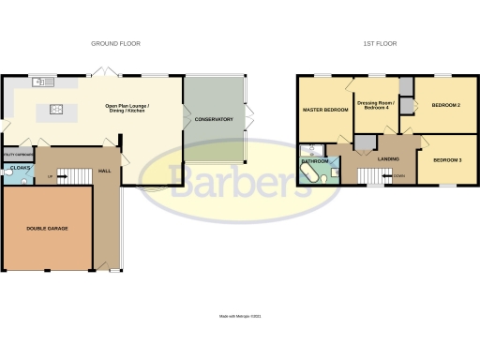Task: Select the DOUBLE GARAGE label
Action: [x=47, y=228]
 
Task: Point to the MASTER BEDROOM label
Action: [x=324, y=111]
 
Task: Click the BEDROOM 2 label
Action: [x=445, y=105]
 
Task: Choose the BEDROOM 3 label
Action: [x=446, y=160]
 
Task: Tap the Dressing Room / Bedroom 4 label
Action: [x=376, y=106]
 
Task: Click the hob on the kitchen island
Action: [x=54, y=110]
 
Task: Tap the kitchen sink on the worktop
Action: [x=40, y=82]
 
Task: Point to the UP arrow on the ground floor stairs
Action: [x=50, y=175]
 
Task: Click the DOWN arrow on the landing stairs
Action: [x=399, y=175]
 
